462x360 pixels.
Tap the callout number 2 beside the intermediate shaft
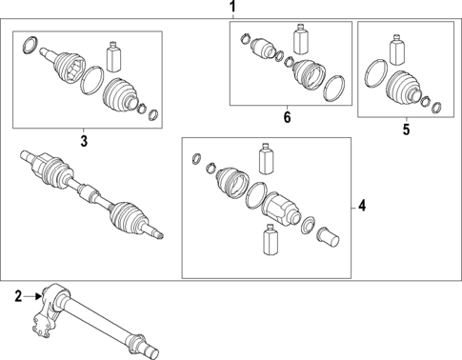pyautogui.click(x=17, y=296)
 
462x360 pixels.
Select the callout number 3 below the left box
pyautogui.click(x=83, y=141)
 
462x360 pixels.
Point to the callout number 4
pyautogui.click(x=362, y=205)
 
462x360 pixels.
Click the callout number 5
pyautogui.click(x=405, y=129)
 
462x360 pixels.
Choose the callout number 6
pyautogui.click(x=285, y=117)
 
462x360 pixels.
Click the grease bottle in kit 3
pyautogui.click(x=115, y=55)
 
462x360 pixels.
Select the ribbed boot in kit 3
pyautogui.click(x=121, y=96)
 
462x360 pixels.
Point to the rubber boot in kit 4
pyautogui.click(x=231, y=186)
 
